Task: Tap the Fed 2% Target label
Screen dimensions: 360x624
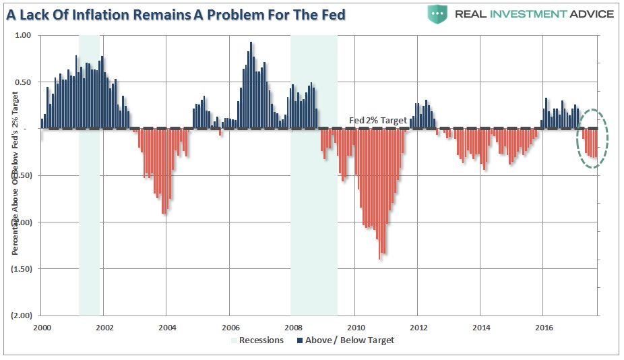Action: tap(377, 121)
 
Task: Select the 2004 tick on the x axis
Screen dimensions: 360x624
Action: tap(167, 328)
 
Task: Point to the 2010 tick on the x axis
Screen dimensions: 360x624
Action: tap(355, 328)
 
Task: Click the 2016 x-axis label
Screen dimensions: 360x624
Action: tap(543, 328)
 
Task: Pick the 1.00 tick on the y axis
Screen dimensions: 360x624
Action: tap(23, 36)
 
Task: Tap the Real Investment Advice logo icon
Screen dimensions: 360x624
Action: tap(437, 13)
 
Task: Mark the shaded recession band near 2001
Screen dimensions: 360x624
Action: tap(89, 202)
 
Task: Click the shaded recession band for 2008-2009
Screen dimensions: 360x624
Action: tap(313, 202)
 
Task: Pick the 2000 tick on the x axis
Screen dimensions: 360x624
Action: tap(42, 328)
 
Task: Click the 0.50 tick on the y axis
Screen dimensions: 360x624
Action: tap(23, 82)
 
